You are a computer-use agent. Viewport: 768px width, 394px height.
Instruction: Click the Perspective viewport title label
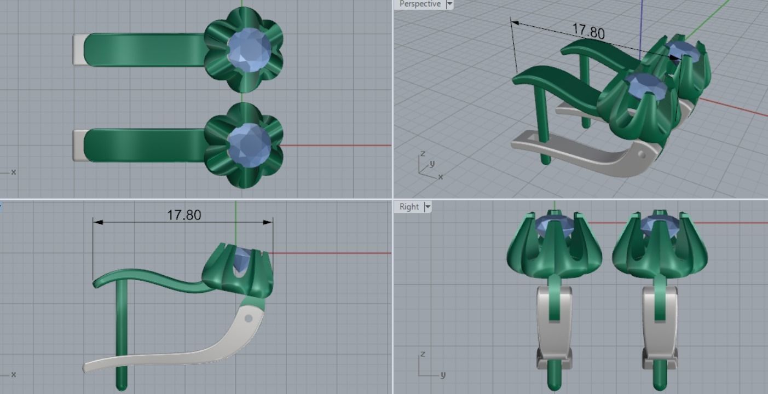point(419,4)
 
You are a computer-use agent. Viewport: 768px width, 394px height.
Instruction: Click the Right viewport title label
point(409,207)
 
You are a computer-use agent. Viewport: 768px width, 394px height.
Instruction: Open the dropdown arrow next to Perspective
point(450,4)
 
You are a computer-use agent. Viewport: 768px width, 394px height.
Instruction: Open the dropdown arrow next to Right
point(428,207)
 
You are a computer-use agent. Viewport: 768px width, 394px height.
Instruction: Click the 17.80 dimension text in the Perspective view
point(588,31)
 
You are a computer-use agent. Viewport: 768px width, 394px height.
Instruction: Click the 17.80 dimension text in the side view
point(184,215)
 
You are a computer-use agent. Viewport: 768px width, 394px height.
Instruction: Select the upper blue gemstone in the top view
point(249,50)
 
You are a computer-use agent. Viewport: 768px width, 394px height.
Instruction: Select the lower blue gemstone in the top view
point(249,145)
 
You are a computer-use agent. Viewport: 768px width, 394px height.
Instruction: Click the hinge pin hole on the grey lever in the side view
point(249,318)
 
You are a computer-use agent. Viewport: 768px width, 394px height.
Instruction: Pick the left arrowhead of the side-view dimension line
point(97,222)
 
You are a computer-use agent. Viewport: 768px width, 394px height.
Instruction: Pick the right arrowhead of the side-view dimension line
point(268,222)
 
